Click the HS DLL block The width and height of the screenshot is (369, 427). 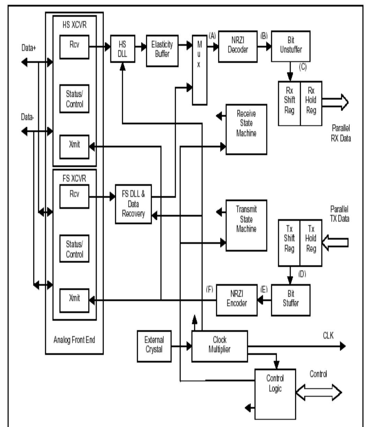(x=123, y=49)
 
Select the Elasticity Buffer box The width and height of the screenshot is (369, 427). (x=162, y=50)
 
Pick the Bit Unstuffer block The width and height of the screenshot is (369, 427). (x=290, y=46)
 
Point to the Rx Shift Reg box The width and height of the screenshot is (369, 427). (x=289, y=103)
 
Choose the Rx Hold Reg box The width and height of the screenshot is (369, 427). (x=311, y=103)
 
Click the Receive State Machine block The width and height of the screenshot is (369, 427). (x=246, y=129)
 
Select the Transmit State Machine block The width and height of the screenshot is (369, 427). (x=246, y=225)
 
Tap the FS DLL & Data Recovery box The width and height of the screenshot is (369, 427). (x=133, y=204)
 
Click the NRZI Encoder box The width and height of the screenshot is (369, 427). (x=237, y=300)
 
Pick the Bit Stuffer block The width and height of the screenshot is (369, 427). (x=290, y=300)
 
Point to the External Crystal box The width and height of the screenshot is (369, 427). (x=154, y=346)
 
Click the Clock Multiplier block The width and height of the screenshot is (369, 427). (x=219, y=346)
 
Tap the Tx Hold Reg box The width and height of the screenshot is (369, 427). (x=311, y=243)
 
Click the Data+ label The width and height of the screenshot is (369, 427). (x=28, y=48)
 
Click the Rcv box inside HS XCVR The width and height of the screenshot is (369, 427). (x=74, y=46)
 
